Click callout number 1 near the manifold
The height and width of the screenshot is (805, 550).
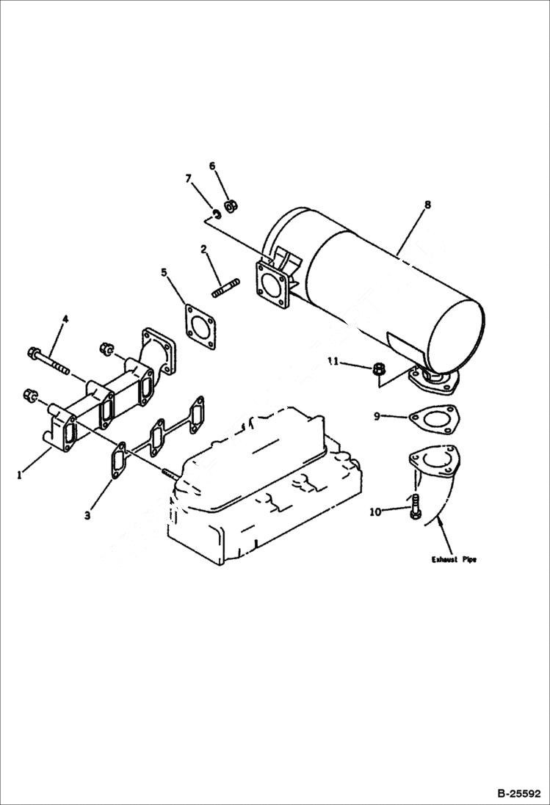pos(20,475)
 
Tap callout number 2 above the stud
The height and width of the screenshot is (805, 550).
pos(203,249)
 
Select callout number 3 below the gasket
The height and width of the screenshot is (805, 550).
pos(87,516)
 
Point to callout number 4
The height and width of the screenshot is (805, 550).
pos(65,319)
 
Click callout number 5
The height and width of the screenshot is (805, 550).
pos(164,273)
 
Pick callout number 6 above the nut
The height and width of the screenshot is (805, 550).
pos(212,166)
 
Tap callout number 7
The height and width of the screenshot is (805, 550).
pos(188,178)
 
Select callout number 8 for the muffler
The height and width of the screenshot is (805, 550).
pos(427,206)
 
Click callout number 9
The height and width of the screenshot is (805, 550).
pos(377,416)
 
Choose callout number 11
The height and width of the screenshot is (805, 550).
pos(332,362)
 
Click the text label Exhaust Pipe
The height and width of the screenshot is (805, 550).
pos(453,559)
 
